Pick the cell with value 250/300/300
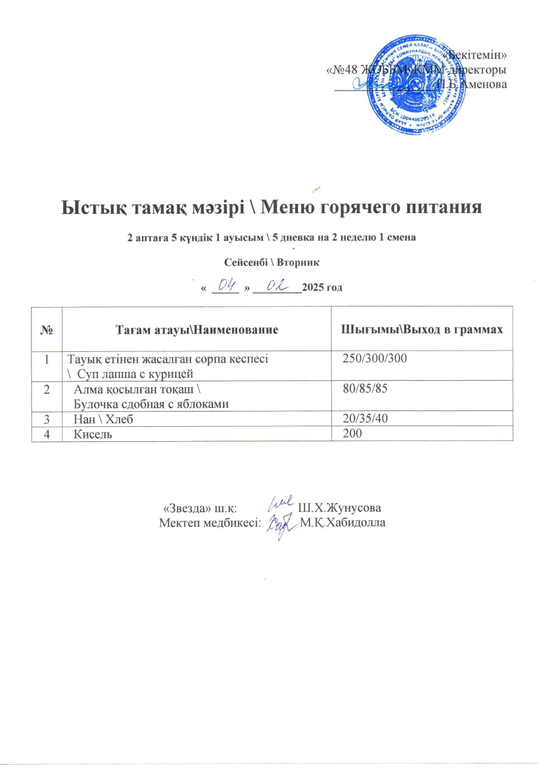(x=375, y=359)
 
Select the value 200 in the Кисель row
(x=352, y=434)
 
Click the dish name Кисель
(x=93, y=434)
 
